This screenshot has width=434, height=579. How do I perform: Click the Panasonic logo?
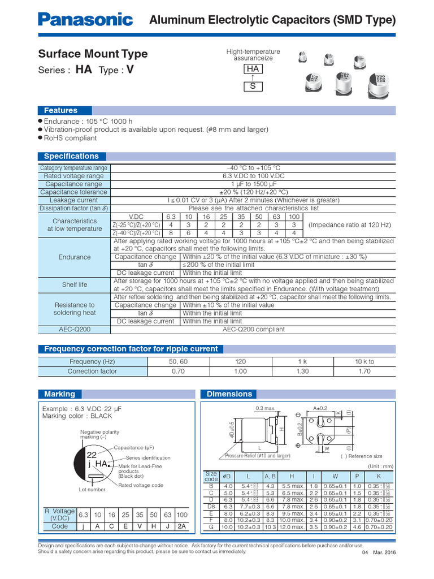coord(85,20)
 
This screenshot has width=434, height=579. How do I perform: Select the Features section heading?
coord(60,110)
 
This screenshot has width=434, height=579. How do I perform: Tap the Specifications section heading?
coord(71,156)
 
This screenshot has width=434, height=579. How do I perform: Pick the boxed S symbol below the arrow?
coord(253,87)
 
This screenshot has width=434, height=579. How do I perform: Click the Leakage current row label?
coord(74,200)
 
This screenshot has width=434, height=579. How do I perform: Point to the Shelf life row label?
coord(74,284)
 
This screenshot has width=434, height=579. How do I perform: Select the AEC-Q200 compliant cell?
coord(253,329)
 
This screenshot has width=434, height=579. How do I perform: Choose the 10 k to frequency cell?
coord(364,361)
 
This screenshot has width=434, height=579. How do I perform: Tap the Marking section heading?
coord(59,394)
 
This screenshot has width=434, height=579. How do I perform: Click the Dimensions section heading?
coord(229,394)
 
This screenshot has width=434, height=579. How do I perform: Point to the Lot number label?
coord(92,490)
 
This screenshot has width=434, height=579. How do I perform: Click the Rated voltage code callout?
coord(141,485)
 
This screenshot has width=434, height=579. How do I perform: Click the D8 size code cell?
coord(211,507)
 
